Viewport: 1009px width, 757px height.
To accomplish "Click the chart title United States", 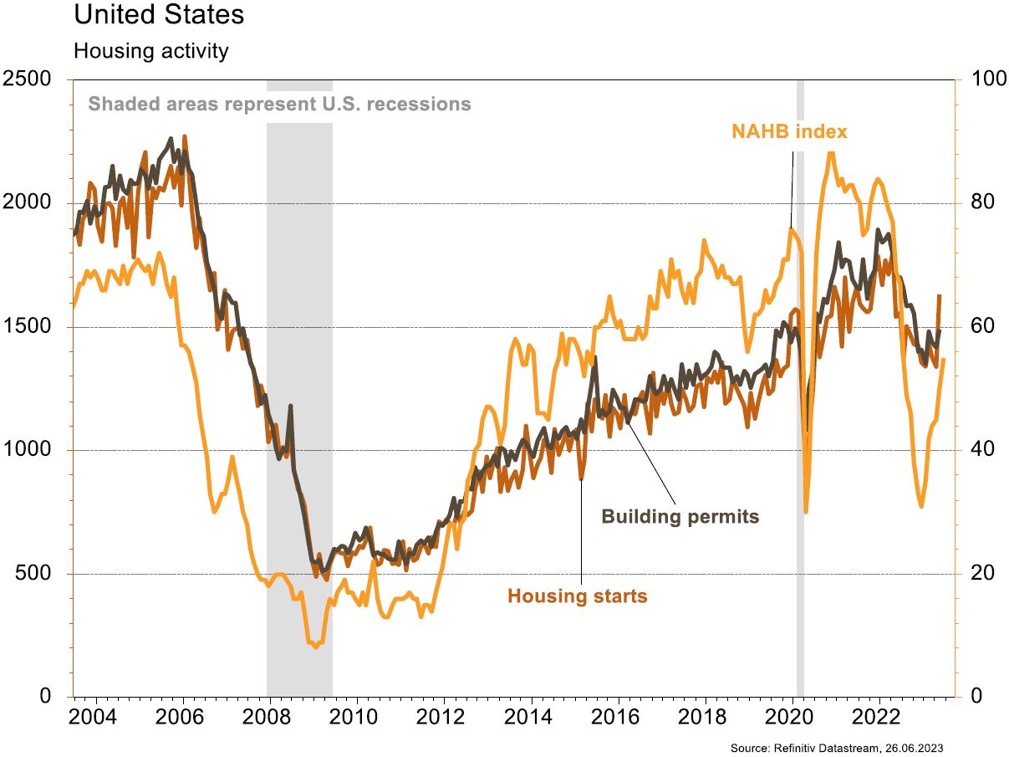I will [159, 15].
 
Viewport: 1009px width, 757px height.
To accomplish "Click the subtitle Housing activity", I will [150, 51].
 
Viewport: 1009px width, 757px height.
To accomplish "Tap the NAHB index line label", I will [789, 131].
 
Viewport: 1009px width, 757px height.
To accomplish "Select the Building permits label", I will [680, 516].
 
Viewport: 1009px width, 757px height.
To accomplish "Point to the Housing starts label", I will [577, 596].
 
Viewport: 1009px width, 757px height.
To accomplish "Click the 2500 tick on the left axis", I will [28, 79].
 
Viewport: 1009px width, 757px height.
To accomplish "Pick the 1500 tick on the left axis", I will [28, 327].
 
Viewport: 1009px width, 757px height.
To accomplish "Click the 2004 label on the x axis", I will [95, 719].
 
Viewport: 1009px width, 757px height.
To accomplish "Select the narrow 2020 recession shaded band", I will [800, 418].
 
